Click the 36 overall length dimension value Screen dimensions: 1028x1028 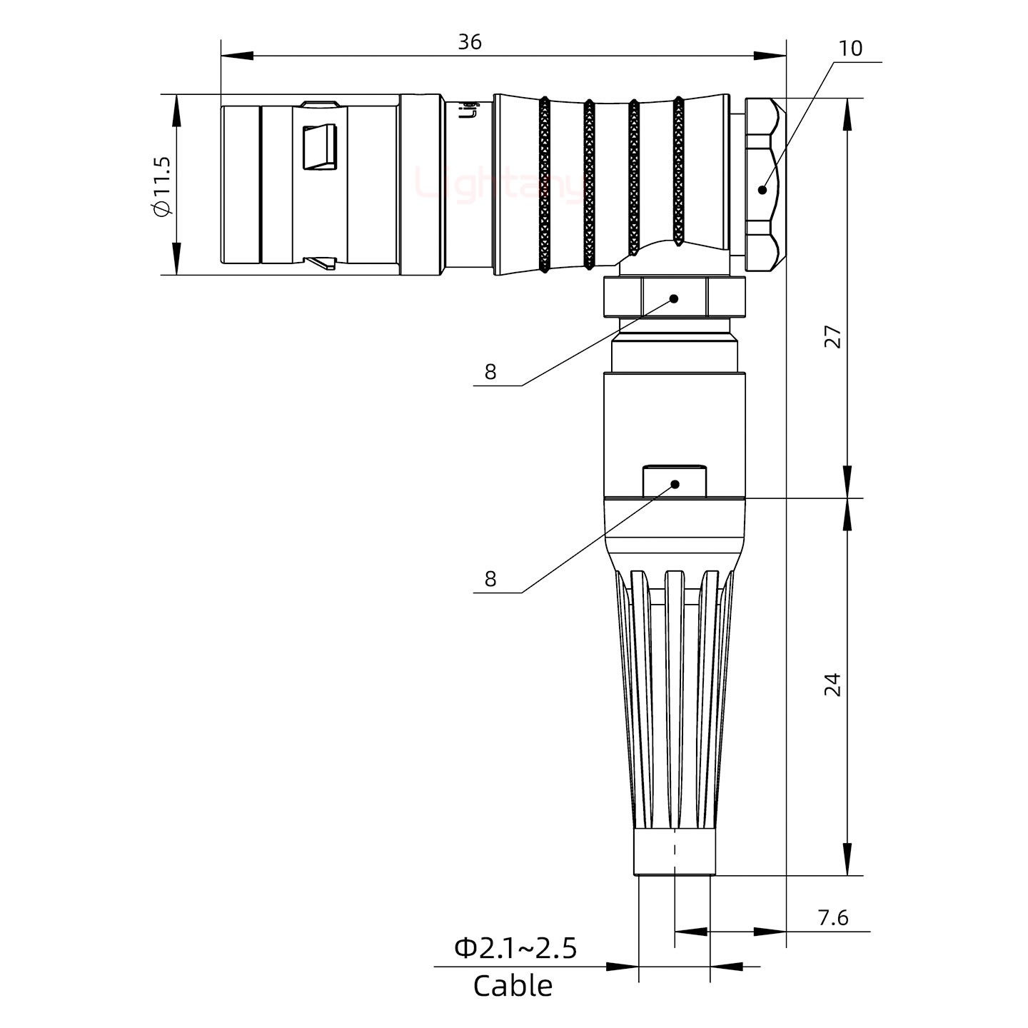[469, 43]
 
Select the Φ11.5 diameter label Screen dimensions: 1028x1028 [161, 185]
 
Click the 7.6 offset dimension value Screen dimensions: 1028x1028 [832, 917]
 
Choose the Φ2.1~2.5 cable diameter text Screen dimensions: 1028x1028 [515, 949]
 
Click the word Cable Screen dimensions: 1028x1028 [513, 987]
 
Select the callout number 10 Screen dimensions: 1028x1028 [850, 49]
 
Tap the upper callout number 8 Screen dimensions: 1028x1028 [490, 372]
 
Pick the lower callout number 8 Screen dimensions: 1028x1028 [490, 579]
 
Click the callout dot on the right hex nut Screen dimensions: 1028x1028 [762, 190]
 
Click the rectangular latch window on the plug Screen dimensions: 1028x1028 [319, 148]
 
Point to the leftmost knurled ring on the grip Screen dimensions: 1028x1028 [545, 185]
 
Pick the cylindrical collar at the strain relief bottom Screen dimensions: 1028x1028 [675, 852]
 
